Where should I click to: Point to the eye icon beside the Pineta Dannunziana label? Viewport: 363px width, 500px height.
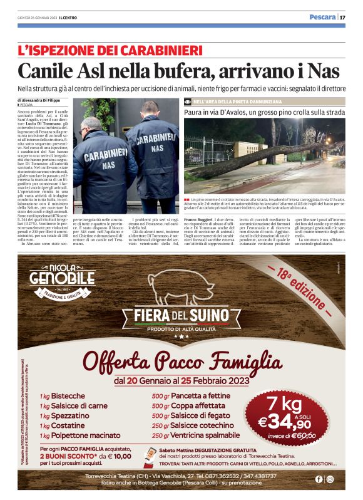[188, 101]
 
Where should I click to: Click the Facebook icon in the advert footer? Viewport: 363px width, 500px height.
[319, 479]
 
